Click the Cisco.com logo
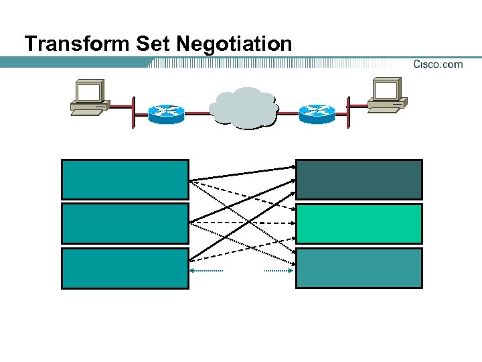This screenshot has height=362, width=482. pos(438,64)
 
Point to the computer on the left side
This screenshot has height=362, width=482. pos(90,98)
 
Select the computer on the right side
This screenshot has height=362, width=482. pos(388,97)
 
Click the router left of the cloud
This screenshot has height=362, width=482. pos(166,113)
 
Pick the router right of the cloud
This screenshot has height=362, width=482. pos(317,113)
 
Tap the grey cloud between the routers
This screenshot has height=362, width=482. pos(242,107)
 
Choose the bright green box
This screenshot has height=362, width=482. pos(359,224)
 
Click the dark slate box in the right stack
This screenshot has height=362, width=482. pos(359,179)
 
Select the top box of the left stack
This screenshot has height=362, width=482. pos(125,179)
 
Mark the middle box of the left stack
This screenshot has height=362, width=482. pos(125,223)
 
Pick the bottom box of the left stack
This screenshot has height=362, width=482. pos(125,268)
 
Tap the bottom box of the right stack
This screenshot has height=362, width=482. pos(359,268)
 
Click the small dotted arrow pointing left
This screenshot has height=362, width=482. pos(206,271)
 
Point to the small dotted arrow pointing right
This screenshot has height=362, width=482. pos(278,271)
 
